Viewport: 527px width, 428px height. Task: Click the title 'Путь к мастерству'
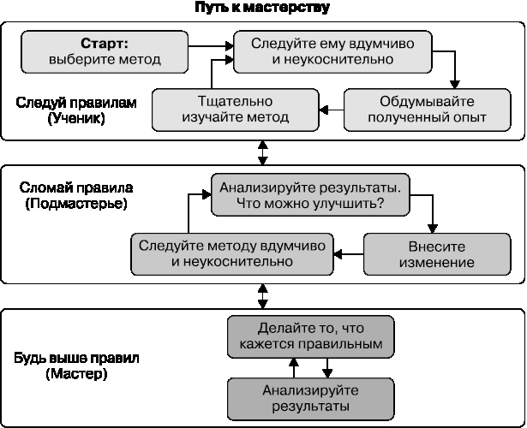click(x=262, y=8)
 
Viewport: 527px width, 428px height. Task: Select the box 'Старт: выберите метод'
click(x=104, y=51)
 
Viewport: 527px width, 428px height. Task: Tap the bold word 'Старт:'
click(x=104, y=43)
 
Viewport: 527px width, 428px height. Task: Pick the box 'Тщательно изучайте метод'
click(x=236, y=109)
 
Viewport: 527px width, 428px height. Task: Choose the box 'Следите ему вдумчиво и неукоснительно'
click(x=332, y=51)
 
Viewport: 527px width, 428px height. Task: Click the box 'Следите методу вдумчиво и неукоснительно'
click(x=231, y=253)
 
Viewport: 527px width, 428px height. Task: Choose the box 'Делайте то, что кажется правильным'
click(x=312, y=336)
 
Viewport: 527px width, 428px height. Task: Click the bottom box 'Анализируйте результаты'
click(x=312, y=397)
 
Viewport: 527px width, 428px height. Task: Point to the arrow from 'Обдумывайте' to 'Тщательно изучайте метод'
click(x=332, y=109)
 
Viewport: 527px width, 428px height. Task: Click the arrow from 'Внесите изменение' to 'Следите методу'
click(x=348, y=253)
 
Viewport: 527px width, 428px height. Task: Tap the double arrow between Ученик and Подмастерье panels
click(x=263, y=152)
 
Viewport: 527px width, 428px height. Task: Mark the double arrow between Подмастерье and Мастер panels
click(x=263, y=296)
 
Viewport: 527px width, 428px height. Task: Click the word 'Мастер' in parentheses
click(x=77, y=374)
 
